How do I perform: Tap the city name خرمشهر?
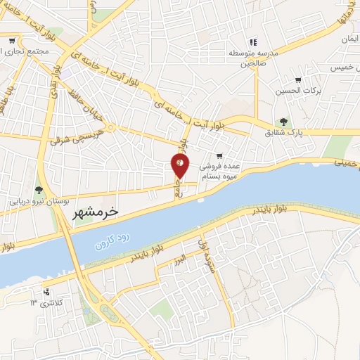(96, 211)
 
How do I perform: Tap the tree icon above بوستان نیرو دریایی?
(39, 190)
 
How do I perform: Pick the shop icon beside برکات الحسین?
(298, 80)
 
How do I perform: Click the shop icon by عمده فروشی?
(219, 156)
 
